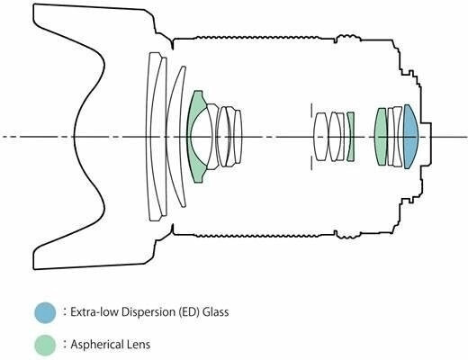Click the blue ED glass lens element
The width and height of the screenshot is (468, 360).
410,137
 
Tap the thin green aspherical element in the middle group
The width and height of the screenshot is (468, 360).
351,137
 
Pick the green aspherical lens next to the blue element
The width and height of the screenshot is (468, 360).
381,137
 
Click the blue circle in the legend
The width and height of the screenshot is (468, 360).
45,312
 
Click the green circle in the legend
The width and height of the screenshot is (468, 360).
45,345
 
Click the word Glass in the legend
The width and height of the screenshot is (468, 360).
215,312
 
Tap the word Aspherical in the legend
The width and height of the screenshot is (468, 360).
95,345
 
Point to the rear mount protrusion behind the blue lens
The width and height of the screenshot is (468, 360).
426,143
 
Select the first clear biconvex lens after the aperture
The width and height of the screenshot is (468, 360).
320,137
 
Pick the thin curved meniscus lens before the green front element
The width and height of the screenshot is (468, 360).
175,137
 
